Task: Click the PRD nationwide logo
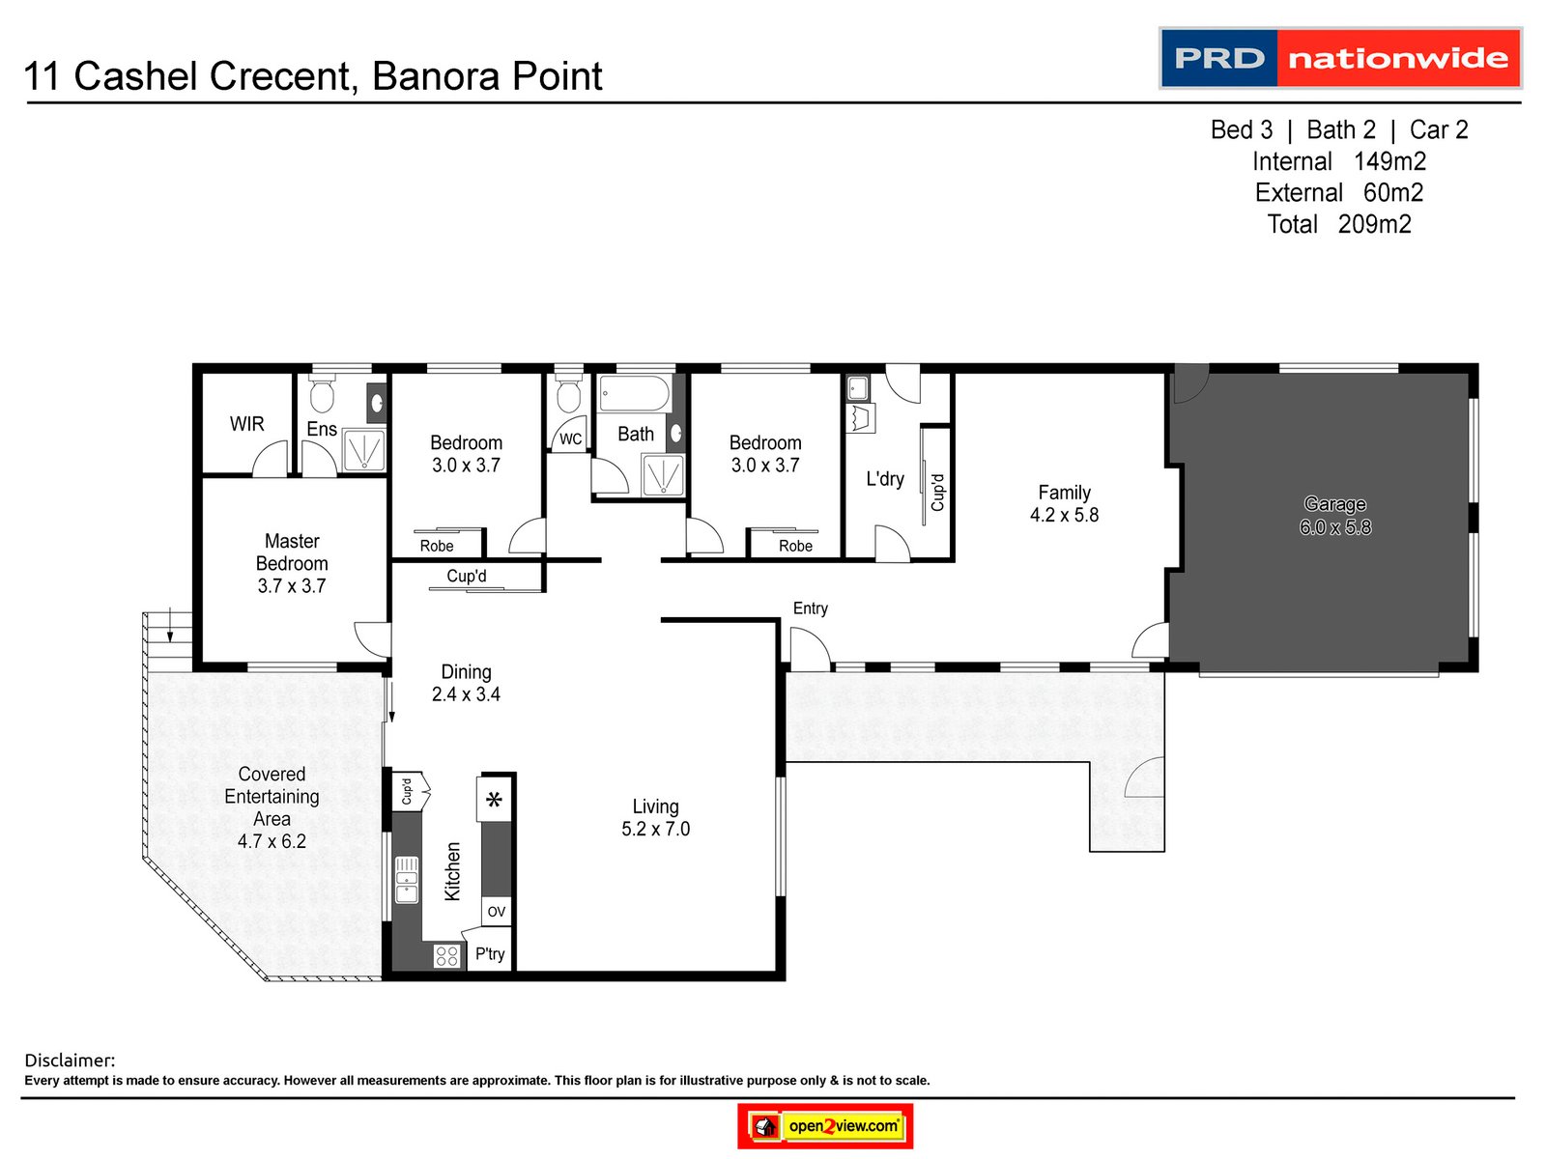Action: [1340, 58]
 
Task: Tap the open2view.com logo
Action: [825, 1126]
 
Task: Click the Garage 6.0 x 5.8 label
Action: [1334, 516]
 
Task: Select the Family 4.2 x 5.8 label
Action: [1064, 503]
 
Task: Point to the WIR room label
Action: [246, 424]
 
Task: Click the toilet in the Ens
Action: [322, 395]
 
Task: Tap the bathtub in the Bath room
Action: [634, 393]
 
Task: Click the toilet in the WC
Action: [569, 395]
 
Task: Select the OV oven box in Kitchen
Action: [496, 912]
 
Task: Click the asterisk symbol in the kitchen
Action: [495, 800]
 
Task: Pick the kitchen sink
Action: [407, 879]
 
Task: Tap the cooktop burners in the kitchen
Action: [446, 956]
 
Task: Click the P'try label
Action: [490, 954]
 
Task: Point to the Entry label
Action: [810, 608]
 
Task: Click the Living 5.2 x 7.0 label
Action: [655, 817]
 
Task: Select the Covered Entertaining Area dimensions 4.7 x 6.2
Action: [272, 841]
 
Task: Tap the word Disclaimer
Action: [69, 1060]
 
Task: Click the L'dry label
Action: [885, 479]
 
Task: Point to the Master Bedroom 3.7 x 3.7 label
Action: [292, 563]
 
